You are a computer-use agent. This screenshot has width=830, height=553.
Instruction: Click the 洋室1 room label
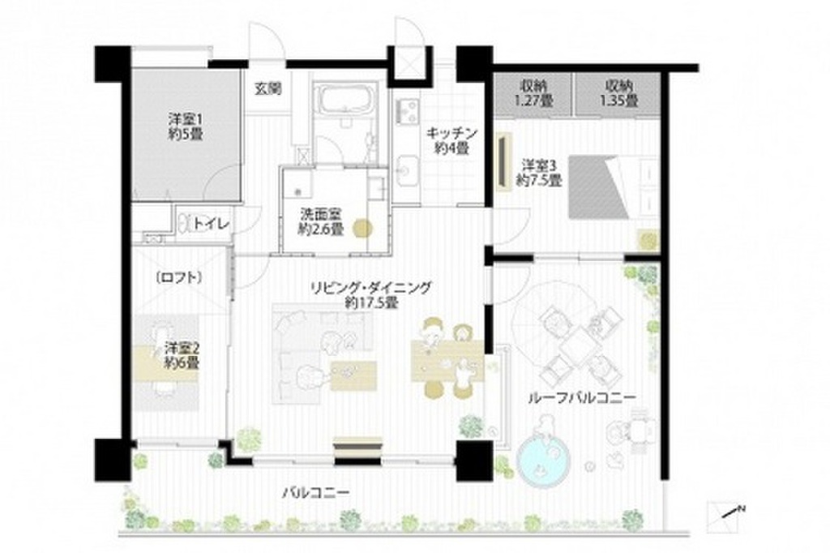pyautogui.click(x=181, y=126)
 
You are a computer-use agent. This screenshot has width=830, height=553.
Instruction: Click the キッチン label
pyautogui.click(x=452, y=140)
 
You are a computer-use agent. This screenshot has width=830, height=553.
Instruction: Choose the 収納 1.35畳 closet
pyautogui.click(x=618, y=93)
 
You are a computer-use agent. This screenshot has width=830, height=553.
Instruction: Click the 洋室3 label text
pyautogui.click(x=541, y=172)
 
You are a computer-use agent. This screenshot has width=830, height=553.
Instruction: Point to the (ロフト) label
pyautogui.click(x=178, y=276)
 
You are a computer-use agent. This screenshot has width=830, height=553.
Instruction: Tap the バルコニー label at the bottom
pyautogui.click(x=315, y=493)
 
